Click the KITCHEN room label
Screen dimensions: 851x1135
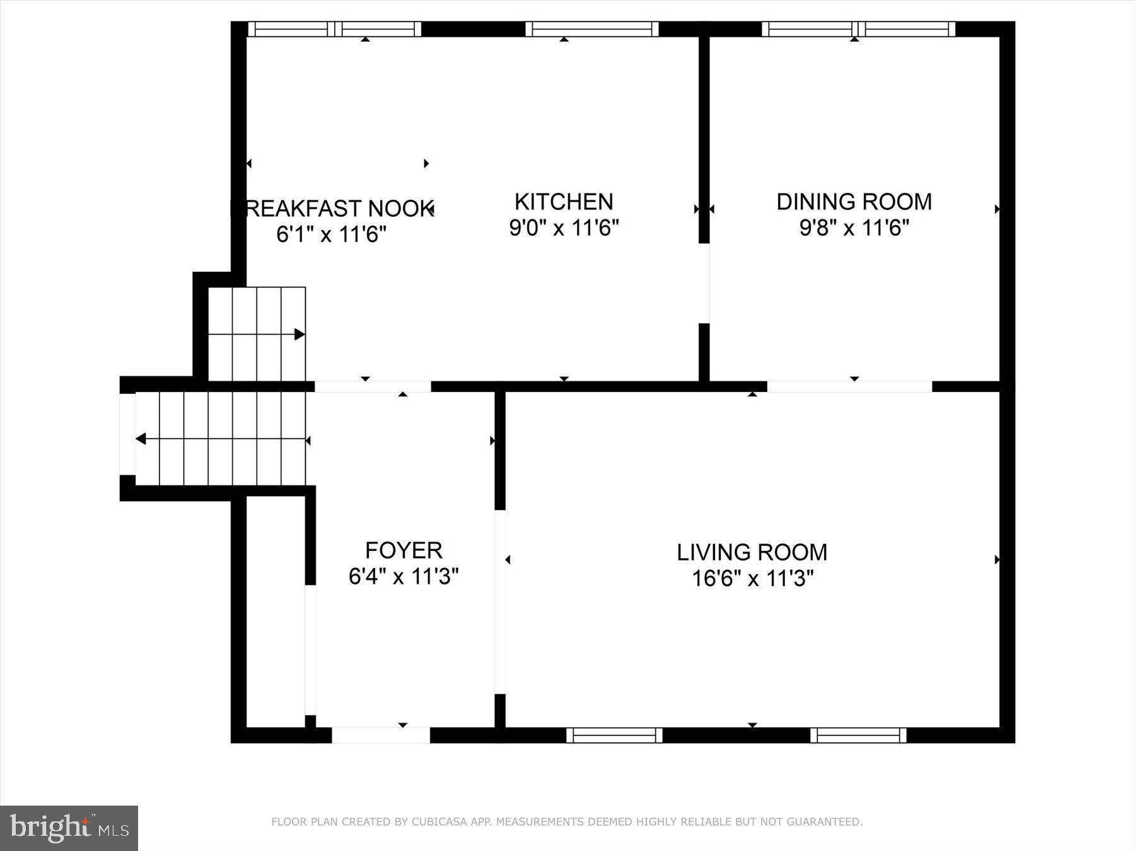tap(563, 202)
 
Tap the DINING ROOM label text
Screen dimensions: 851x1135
tap(854, 202)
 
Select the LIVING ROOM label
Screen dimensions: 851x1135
tap(752, 552)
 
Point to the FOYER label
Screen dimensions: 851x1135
tap(404, 550)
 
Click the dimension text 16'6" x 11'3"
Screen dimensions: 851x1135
tap(752, 578)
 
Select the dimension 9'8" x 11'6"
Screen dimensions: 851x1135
tap(854, 228)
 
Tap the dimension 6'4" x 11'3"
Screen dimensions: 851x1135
tap(404, 576)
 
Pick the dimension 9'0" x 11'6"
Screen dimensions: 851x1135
tap(564, 228)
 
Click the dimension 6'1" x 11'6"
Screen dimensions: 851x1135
tap(331, 234)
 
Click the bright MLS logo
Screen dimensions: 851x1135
tap(69, 828)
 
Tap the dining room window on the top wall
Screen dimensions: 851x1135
tap(858, 29)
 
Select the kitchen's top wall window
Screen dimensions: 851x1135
tap(591, 29)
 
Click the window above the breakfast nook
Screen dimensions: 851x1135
tap(334, 29)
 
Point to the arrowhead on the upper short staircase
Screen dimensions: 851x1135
tap(300, 334)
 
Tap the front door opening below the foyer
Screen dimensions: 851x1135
tap(381, 735)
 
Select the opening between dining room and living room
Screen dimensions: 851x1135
tap(849, 386)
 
